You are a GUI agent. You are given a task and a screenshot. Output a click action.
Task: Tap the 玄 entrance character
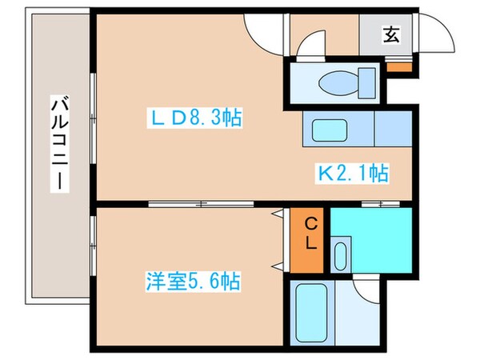pos(391,34)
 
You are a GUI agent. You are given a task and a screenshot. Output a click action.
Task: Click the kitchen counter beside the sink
pos(392,128)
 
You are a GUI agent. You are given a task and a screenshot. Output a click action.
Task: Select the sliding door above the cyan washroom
pos(370,205)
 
